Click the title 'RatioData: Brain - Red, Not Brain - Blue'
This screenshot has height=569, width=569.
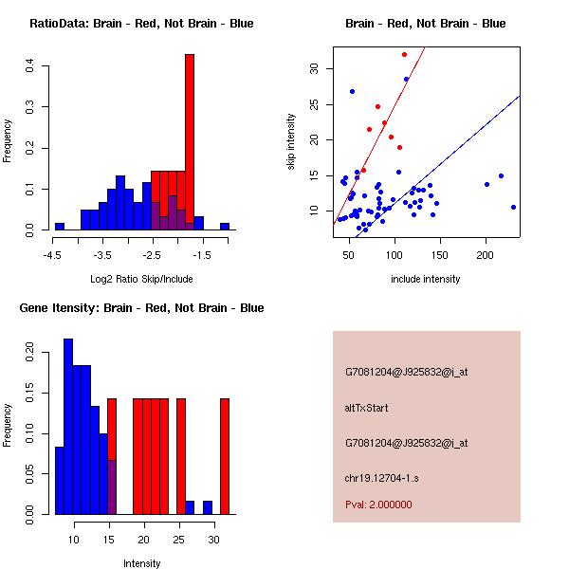(x=141, y=24)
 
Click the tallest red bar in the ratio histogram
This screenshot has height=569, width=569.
(x=190, y=142)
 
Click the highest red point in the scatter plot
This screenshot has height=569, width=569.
(x=404, y=54)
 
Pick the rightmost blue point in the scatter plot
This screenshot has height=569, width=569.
(x=513, y=207)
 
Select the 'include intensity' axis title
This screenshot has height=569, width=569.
(x=426, y=279)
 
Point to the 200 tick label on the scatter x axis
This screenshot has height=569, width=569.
(x=486, y=255)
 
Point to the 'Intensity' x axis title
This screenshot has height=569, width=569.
(x=141, y=563)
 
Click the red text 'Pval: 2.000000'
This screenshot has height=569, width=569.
(x=378, y=505)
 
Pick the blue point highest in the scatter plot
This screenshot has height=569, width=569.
(x=352, y=91)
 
